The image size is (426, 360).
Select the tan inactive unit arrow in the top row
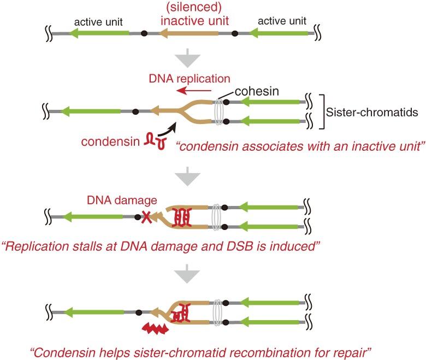point(188,34)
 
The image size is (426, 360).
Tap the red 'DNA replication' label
point(190,79)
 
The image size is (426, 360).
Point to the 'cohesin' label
point(258,92)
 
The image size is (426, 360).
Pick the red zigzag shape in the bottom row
point(156,328)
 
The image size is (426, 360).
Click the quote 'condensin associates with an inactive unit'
point(285,146)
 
